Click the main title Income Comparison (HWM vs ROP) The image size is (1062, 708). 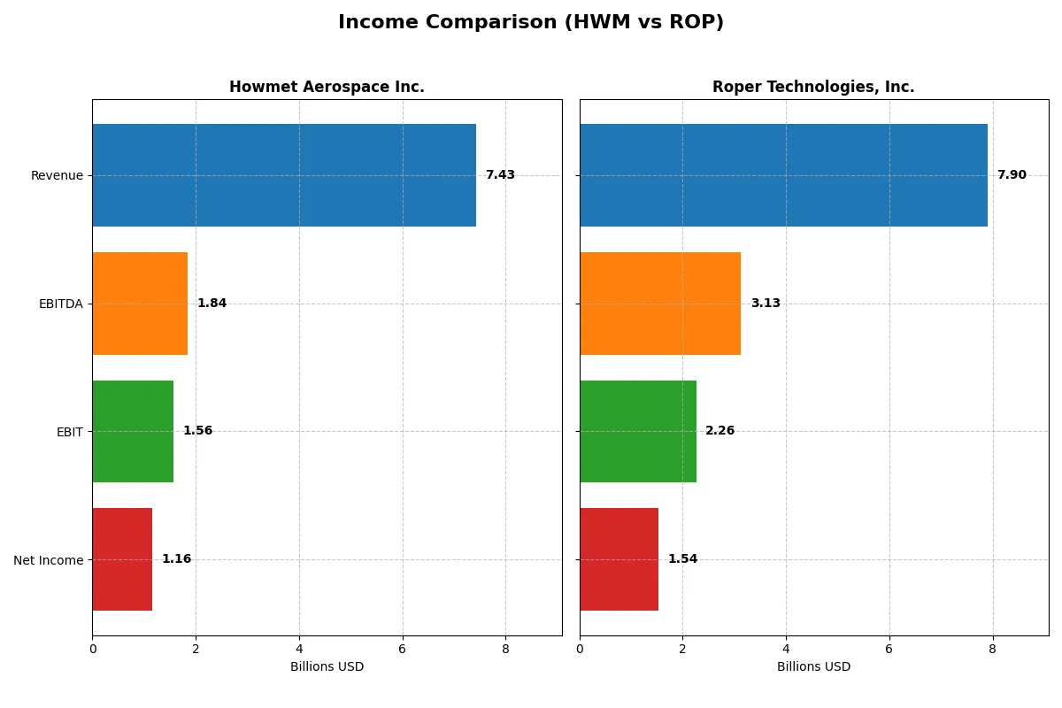[531, 23]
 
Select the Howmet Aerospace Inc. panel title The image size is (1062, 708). [327, 87]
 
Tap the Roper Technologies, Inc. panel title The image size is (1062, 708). [813, 87]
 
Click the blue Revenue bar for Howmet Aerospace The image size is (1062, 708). [284, 175]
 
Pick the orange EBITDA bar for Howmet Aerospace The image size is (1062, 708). [140, 304]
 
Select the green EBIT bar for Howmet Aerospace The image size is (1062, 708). [133, 431]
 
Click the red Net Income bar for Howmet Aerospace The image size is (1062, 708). [122, 559]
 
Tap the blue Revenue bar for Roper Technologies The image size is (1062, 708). [783, 175]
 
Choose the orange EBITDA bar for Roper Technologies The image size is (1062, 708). [660, 304]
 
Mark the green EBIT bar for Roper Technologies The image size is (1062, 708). [638, 431]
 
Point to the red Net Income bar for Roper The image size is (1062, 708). [619, 559]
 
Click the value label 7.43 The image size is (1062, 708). [500, 175]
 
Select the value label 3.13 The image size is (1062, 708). [766, 304]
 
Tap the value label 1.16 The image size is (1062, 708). [176, 559]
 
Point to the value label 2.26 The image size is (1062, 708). [720, 431]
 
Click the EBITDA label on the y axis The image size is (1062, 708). [60, 304]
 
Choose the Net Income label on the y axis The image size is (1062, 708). [49, 559]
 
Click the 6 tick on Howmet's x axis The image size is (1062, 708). [403, 649]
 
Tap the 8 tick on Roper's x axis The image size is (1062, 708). [992, 649]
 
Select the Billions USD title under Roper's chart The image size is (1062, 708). [813, 667]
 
